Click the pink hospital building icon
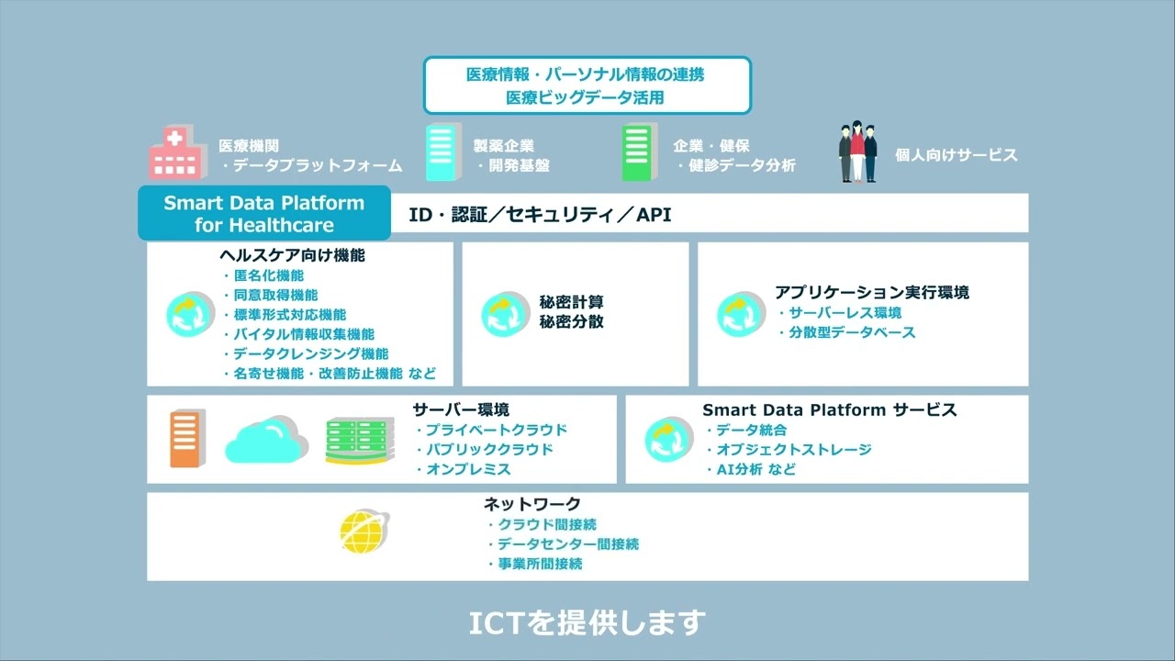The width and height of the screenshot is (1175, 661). point(174,153)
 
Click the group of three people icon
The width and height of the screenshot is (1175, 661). point(857,152)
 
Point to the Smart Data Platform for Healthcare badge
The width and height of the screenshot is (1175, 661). point(264,213)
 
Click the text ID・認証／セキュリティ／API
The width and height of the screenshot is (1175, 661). point(540,215)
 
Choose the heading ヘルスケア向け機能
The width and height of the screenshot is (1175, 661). point(292,255)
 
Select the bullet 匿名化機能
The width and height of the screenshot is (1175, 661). point(268,275)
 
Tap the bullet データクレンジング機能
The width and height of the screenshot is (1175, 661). point(310,353)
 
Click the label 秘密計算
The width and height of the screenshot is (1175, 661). point(571,302)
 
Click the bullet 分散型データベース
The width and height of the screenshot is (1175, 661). point(853,332)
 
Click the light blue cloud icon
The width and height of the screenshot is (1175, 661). point(266,440)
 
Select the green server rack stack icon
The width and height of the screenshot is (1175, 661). point(359,441)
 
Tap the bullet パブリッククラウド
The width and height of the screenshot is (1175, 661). point(489,450)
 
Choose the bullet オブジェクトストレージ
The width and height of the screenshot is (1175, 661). point(794,450)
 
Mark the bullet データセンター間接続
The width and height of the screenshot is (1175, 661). point(568,544)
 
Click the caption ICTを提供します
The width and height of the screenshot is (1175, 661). point(587,623)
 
